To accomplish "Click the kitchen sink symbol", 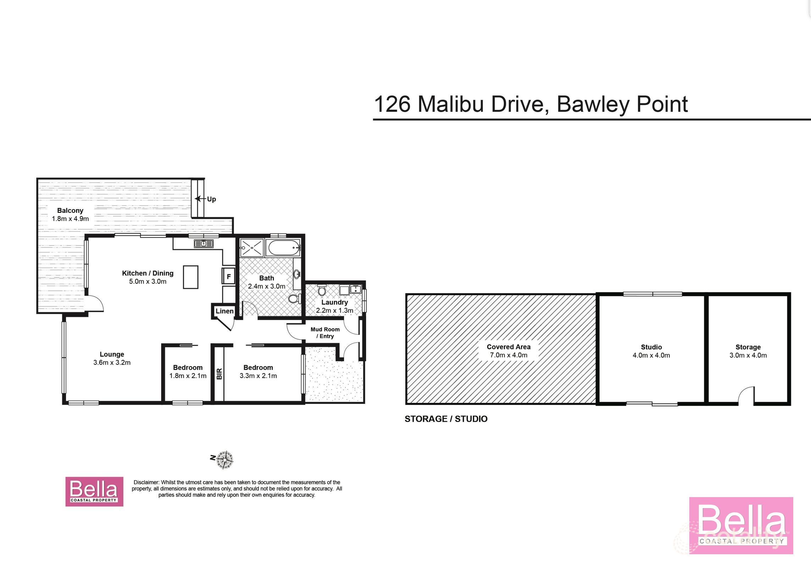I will pos(203,243).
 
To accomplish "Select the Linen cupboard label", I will pos(225,311).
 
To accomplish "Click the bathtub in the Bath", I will pos(284,248).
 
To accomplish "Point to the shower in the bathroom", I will pos(252,247).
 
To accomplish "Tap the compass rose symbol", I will pos(225,460).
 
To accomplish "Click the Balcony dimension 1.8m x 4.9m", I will pos(70,219).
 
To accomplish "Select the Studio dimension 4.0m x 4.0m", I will pos(651,355).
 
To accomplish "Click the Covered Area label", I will pos(508,347).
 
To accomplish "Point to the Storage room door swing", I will pos(746,395).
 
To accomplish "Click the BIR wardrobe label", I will pos(219,374).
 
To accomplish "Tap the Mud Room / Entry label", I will pos(325,333).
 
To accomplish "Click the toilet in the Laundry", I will pos(322,291).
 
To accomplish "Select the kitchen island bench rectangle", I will pos(191,277).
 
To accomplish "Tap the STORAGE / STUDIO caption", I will pos(446,419).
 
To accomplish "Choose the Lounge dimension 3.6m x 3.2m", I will pos(112,363).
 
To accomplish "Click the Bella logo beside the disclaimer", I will pos(94,491).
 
